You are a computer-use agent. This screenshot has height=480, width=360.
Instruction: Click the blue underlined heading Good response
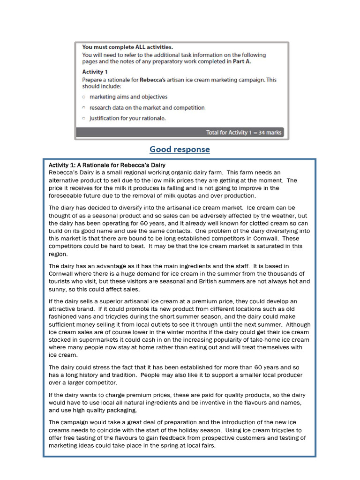[x=180, y=150]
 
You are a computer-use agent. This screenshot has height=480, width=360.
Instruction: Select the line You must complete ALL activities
[x=127, y=47]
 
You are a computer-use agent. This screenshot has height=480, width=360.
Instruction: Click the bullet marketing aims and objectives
[x=128, y=97]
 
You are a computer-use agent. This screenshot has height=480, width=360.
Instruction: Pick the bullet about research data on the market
[x=147, y=108]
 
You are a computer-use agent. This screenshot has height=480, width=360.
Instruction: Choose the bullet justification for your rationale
[x=127, y=118]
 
